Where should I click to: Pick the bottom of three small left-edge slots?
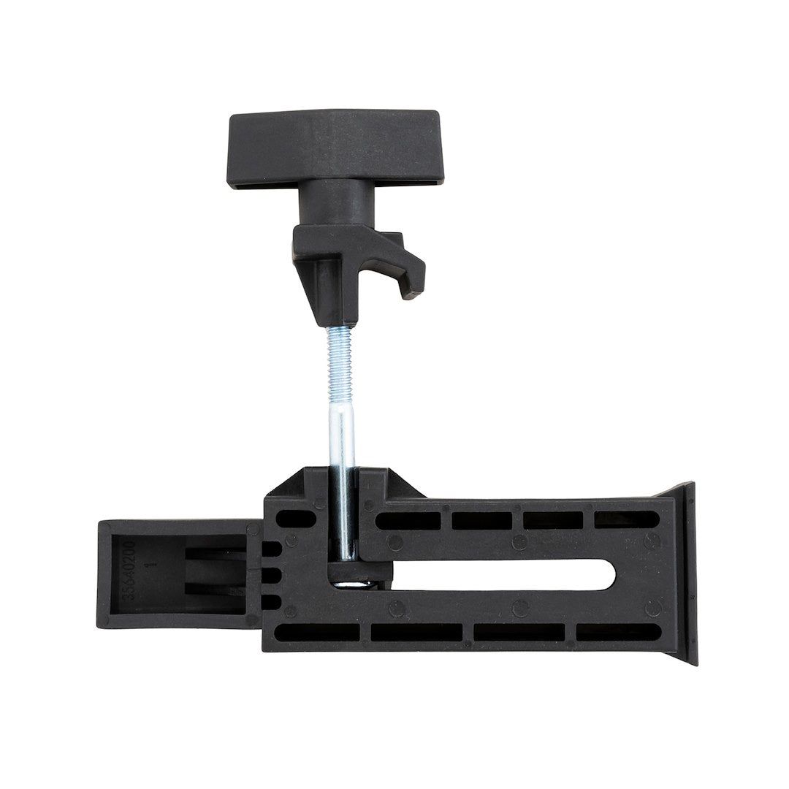click(270, 600)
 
